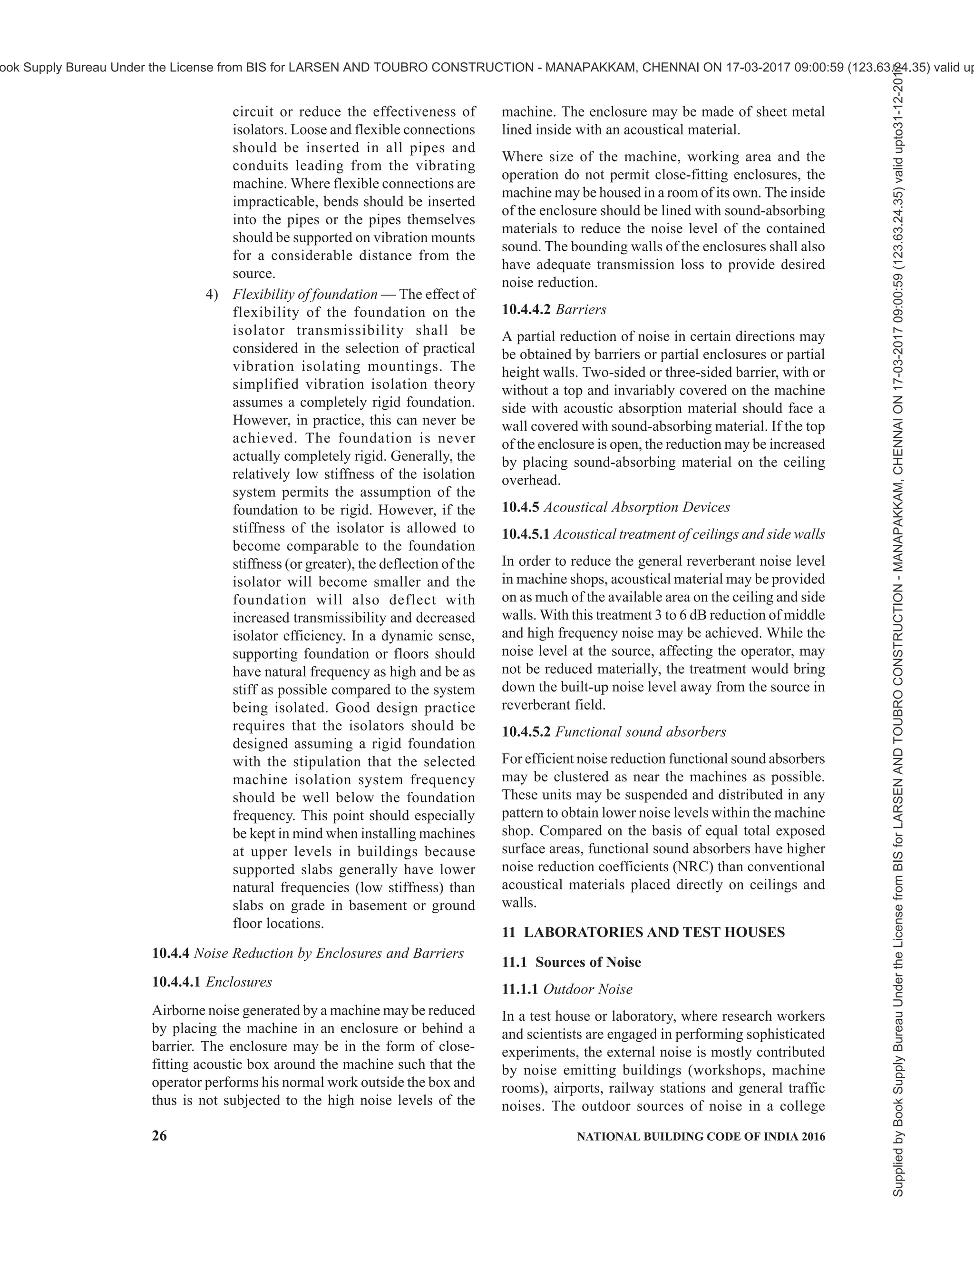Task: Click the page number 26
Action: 159,1136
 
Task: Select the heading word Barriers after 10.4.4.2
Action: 581,309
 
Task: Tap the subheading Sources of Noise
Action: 588,962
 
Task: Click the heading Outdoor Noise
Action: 588,989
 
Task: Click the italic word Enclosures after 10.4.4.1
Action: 239,982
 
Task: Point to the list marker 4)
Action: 212,295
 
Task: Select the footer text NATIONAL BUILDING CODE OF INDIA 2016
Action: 701,1136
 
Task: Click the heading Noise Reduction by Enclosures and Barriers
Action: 328,953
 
